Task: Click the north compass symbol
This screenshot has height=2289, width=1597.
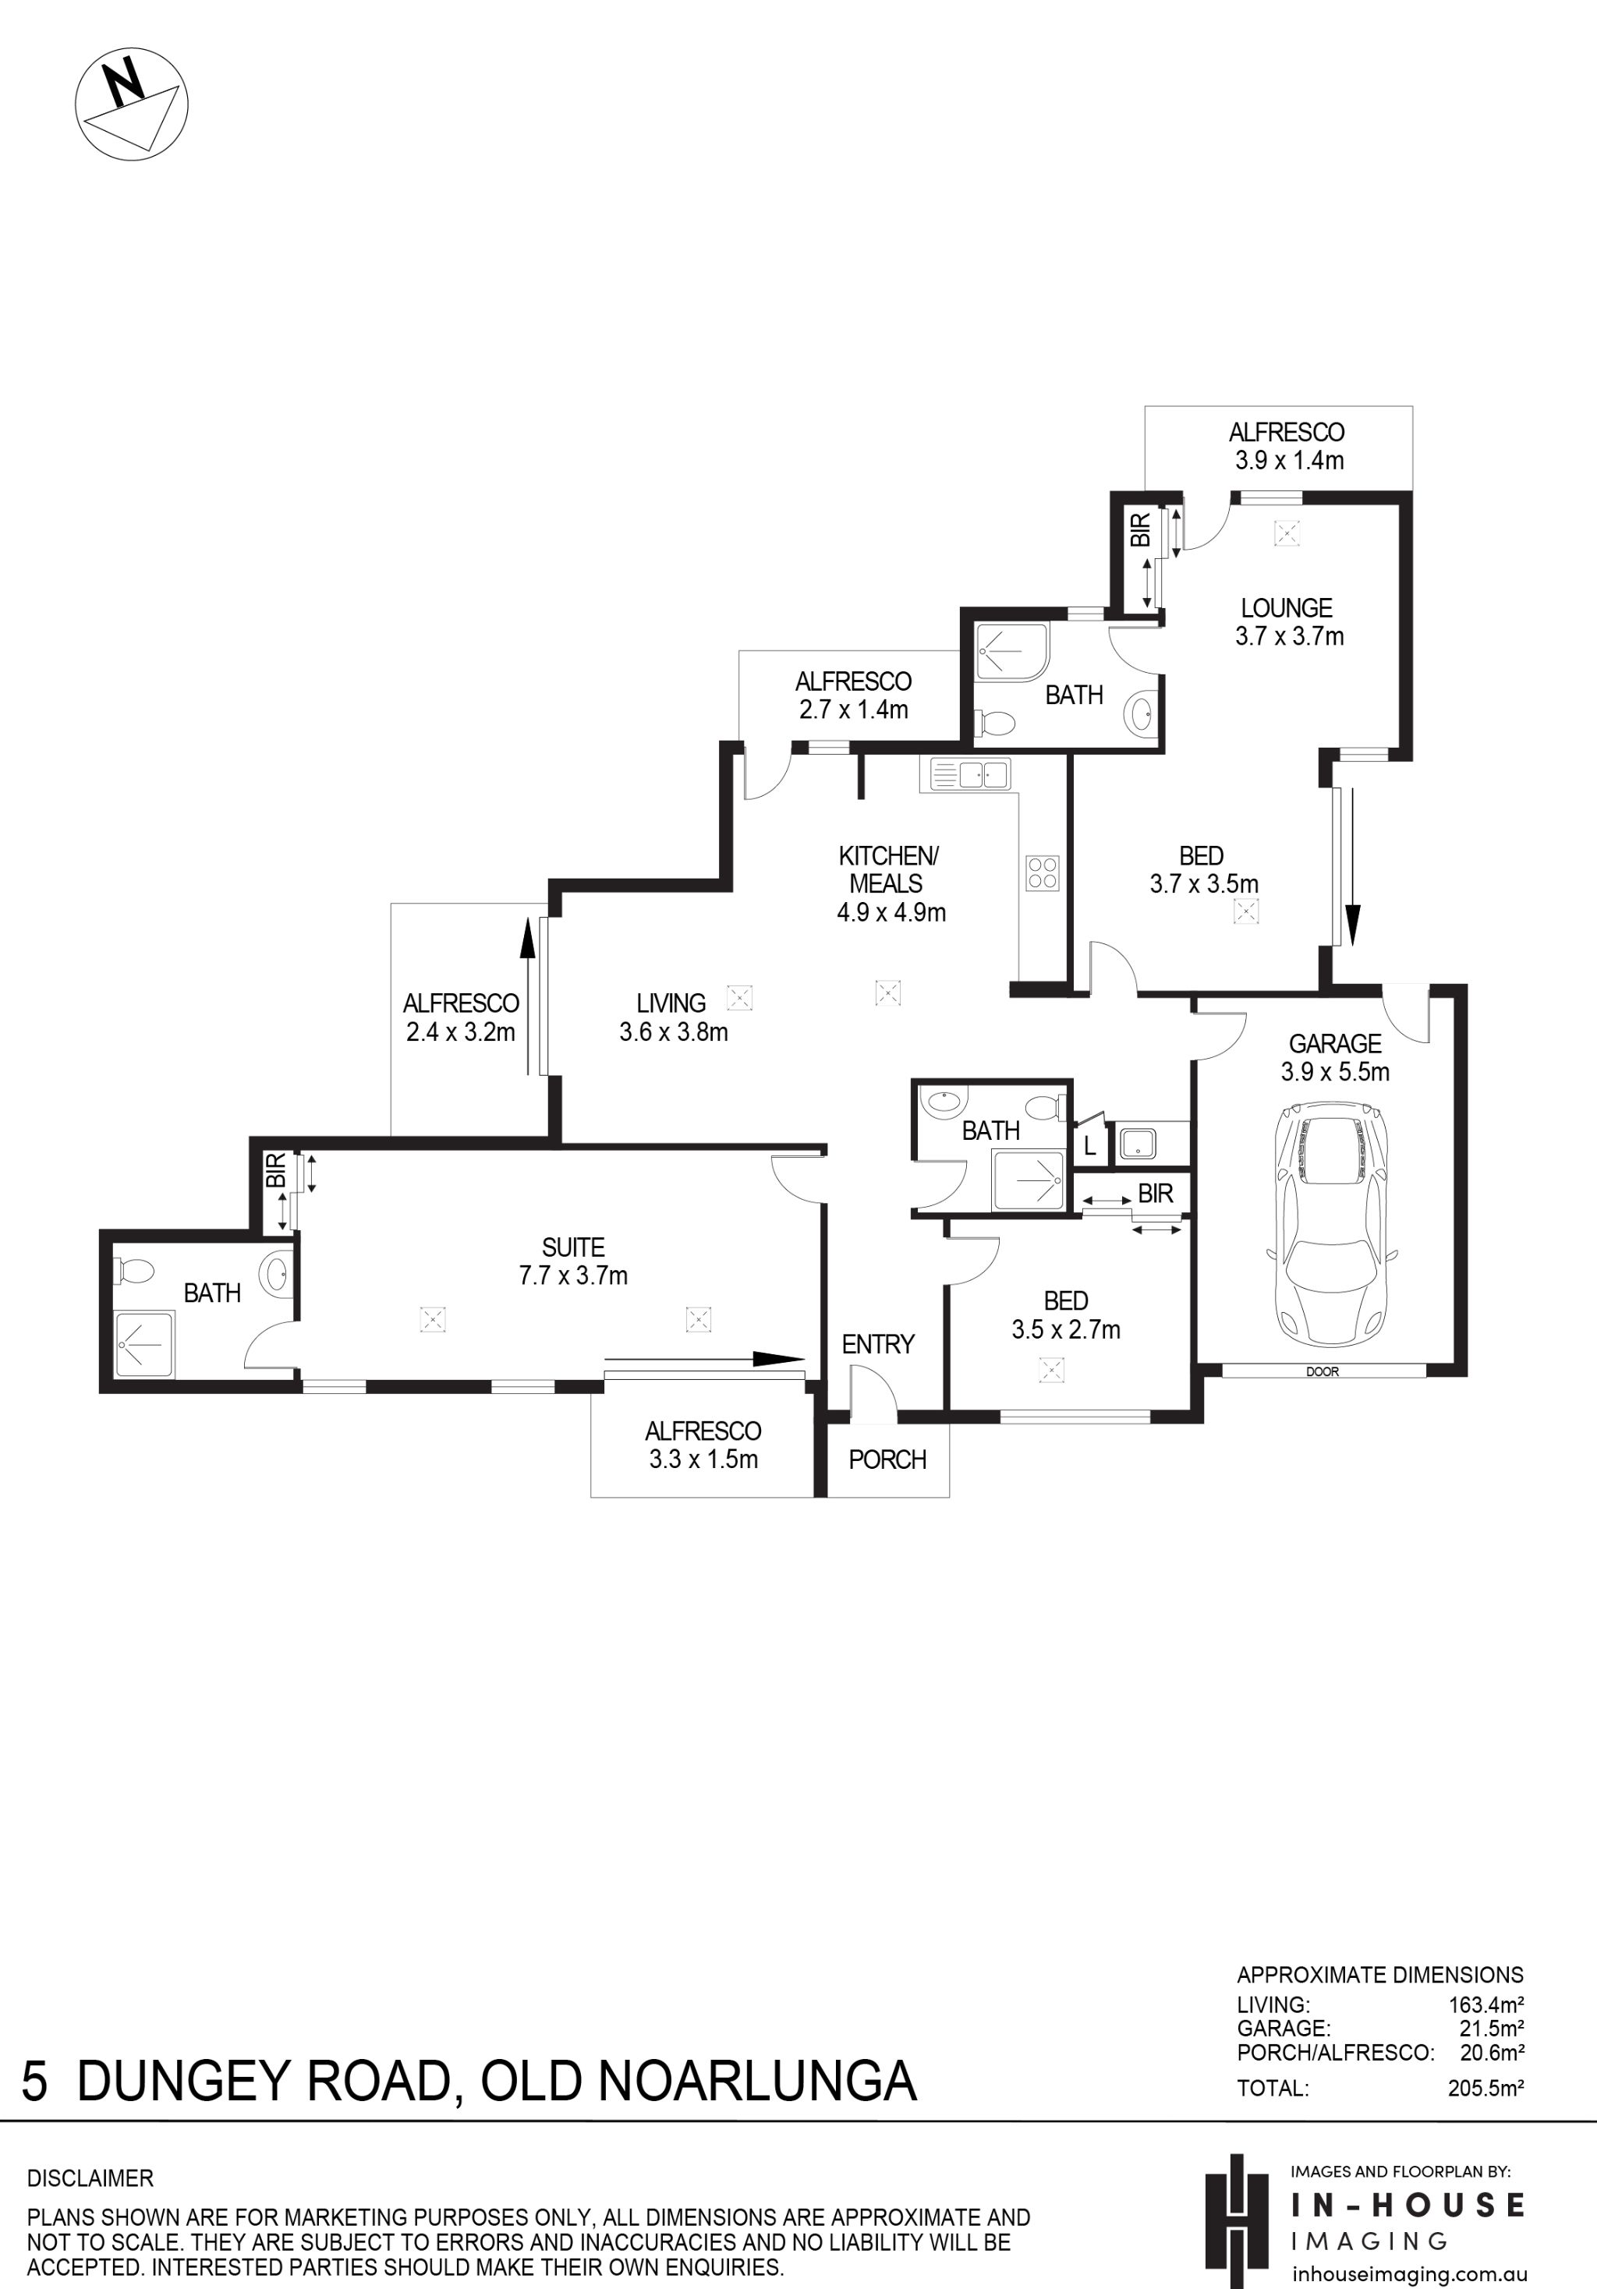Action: click(132, 104)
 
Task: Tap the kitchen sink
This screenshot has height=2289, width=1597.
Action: click(969, 773)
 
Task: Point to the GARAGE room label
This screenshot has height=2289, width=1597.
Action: click(1335, 1044)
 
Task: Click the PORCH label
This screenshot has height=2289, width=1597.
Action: click(887, 1459)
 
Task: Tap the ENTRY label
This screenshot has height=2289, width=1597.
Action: click(877, 1344)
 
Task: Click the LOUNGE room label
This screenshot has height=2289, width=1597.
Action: click(1286, 608)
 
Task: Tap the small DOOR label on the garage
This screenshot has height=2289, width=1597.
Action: click(1322, 1372)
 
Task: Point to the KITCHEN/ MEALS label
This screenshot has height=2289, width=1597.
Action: click(888, 869)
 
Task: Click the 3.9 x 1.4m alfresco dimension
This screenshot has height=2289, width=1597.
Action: click(1289, 461)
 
